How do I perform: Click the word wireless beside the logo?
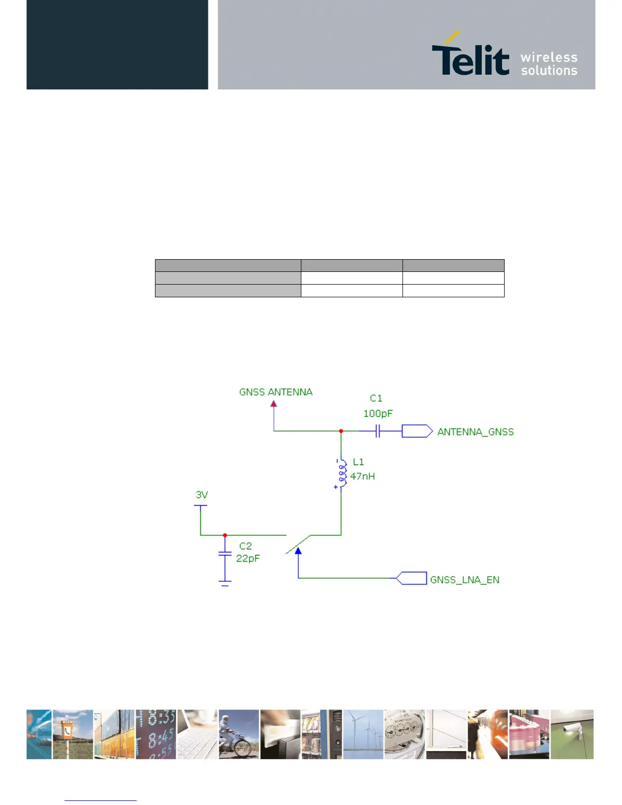point(549,57)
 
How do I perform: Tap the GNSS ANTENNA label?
point(275,392)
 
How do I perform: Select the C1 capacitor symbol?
point(378,431)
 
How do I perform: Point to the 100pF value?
point(378,414)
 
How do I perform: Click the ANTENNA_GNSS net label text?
point(475,432)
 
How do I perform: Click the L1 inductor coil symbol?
point(341,473)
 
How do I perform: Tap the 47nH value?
point(362,476)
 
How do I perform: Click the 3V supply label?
point(202,494)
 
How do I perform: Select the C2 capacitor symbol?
point(225,553)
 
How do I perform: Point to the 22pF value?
point(247,558)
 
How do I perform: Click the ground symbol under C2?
point(225,583)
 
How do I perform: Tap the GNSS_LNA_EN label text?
point(464,580)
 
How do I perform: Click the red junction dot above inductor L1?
point(341,431)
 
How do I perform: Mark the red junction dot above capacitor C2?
point(225,535)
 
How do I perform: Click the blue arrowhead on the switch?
point(298,550)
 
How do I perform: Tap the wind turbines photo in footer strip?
point(363,734)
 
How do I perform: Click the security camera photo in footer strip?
point(572,734)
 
